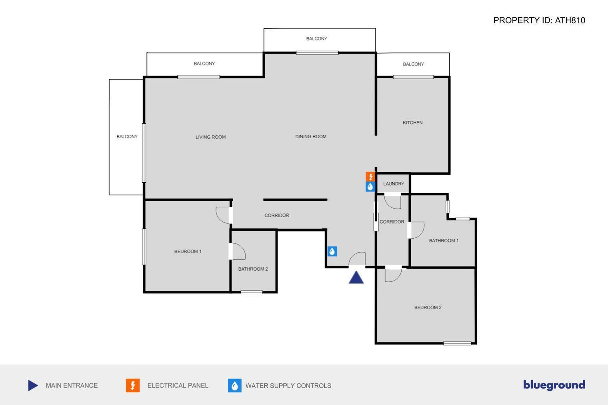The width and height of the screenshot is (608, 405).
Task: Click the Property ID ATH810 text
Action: pos(539,20)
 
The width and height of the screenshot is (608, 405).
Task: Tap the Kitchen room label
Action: pos(412,123)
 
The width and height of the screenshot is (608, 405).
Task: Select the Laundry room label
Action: pos(394,184)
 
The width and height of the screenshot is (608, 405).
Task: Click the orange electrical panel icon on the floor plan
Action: pos(370,177)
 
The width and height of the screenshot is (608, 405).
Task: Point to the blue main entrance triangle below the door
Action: pos(356,277)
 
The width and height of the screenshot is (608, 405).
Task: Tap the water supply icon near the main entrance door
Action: pos(332,251)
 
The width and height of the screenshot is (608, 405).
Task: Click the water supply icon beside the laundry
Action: pos(370,187)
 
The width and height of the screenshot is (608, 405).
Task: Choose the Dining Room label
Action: pos(311,136)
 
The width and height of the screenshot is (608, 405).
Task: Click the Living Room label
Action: pos(211,137)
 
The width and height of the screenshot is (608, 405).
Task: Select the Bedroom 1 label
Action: pos(188,251)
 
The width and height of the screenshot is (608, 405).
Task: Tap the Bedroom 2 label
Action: pos(428,307)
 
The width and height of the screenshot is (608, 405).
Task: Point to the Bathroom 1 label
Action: pos(444,240)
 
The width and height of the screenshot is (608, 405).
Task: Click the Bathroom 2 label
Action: pos(253,269)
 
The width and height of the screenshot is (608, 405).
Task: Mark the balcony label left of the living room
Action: pos(127,136)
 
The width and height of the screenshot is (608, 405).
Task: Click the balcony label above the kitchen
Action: pos(413,64)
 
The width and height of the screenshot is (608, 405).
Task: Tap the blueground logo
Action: pos(554,385)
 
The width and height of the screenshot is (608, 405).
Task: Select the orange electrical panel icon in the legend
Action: pos(133,385)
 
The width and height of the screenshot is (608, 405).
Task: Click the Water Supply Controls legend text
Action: pos(288,385)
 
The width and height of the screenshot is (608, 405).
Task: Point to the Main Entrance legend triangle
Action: pos(33,385)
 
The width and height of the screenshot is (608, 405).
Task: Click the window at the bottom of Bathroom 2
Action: pos(252,292)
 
